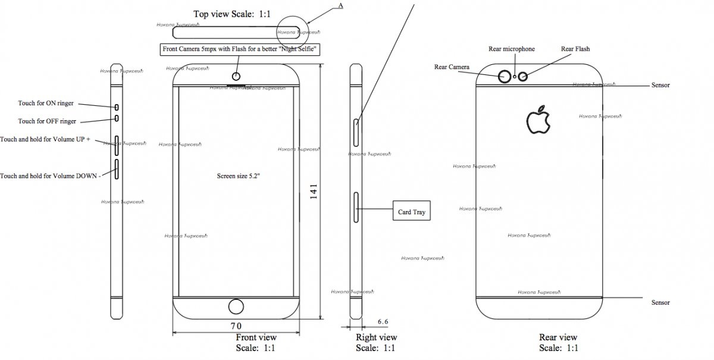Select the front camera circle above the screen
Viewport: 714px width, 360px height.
tap(237, 76)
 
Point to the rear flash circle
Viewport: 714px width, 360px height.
tap(524, 76)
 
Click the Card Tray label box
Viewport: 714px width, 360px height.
tap(412, 211)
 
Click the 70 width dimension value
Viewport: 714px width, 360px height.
tap(236, 325)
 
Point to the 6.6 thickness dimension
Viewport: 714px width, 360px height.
tap(383, 321)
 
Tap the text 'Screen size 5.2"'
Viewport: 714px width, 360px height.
tap(237, 177)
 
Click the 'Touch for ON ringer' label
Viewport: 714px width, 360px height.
tap(46, 104)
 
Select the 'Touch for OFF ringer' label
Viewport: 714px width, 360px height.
tap(47, 121)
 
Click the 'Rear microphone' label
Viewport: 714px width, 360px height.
tap(511, 49)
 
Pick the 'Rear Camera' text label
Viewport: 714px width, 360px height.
tap(452, 67)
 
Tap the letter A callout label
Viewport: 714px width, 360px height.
tap(340, 5)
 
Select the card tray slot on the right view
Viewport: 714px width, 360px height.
tap(356, 207)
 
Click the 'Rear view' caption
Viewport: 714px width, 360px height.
tap(558, 338)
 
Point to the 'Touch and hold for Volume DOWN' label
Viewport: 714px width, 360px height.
tap(50, 176)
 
